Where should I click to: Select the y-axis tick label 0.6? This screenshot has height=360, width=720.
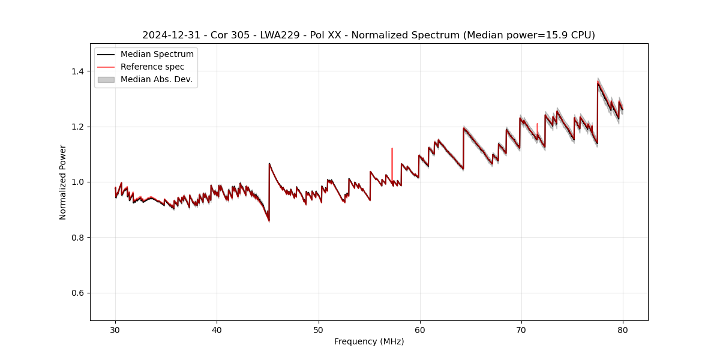pyautogui.click(x=77, y=293)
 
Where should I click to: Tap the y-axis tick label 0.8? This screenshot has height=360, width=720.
pyautogui.click(x=77, y=238)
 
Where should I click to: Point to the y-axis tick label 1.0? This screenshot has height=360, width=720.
pyautogui.click(x=77, y=182)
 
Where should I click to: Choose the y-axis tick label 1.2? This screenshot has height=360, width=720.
pyautogui.click(x=77, y=127)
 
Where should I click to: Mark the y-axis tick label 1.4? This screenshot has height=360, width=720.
pyautogui.click(x=77, y=71)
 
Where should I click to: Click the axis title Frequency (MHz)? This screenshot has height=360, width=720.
pyautogui.click(x=369, y=341)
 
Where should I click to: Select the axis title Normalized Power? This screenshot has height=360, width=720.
pyautogui.click(x=63, y=182)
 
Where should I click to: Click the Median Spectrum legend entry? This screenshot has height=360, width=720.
pyautogui.click(x=157, y=55)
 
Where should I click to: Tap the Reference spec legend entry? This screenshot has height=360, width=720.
pyautogui.click(x=152, y=67)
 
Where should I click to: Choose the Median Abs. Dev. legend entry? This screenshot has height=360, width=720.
pyautogui.click(x=156, y=79)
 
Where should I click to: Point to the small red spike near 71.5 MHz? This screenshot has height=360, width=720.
pyautogui.click(x=538, y=127)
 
